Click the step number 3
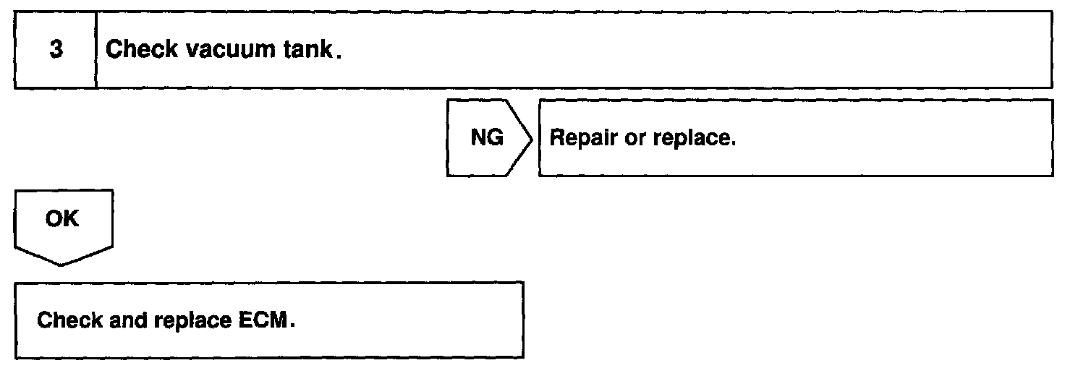(55, 51)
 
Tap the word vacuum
(225, 50)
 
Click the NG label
(487, 137)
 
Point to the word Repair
(583, 138)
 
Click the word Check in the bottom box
(69, 320)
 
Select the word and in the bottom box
(129, 320)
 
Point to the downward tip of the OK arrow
(61, 265)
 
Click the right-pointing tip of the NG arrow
(533, 138)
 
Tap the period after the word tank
(338, 57)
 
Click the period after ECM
(293, 326)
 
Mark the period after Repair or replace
(734, 144)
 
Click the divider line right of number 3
(96, 50)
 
